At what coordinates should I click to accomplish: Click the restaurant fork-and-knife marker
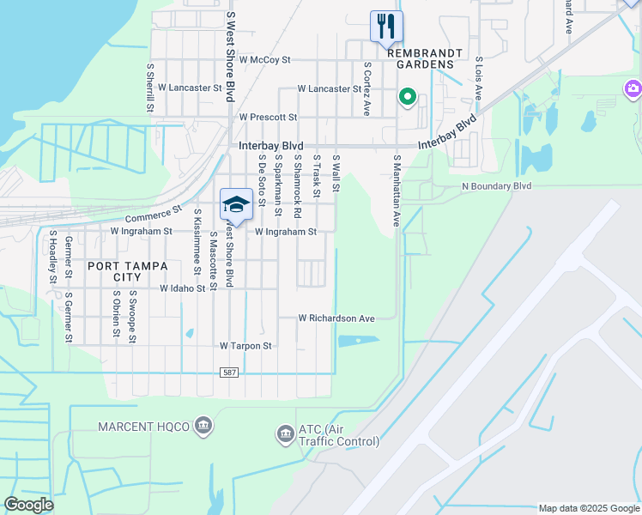point(386,26)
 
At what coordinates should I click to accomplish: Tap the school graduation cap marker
point(236,204)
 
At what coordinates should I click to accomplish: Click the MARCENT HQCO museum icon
point(204,425)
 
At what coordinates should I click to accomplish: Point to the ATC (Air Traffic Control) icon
point(285,435)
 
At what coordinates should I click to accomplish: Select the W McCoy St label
point(266,60)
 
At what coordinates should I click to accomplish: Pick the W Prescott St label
point(268,117)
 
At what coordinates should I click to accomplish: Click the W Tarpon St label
point(245,346)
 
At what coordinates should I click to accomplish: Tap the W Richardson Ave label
point(336,318)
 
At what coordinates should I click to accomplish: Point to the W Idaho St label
point(182,289)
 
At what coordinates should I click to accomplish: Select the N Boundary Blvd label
point(497,186)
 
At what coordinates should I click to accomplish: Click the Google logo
point(28,505)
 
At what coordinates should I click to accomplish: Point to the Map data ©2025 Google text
point(589,508)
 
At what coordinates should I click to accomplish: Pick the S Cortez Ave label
point(366,88)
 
